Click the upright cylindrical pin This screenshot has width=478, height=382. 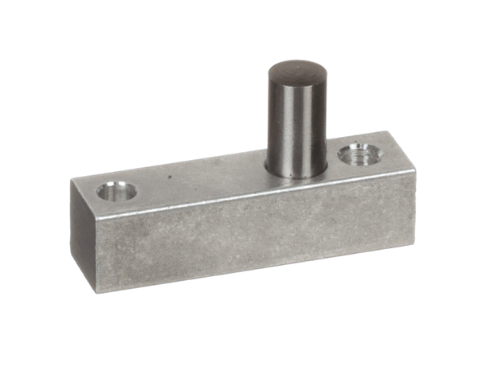(x=296, y=119)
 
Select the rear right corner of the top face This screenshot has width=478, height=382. (x=386, y=132)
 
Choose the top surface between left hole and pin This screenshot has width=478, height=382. (x=207, y=179)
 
